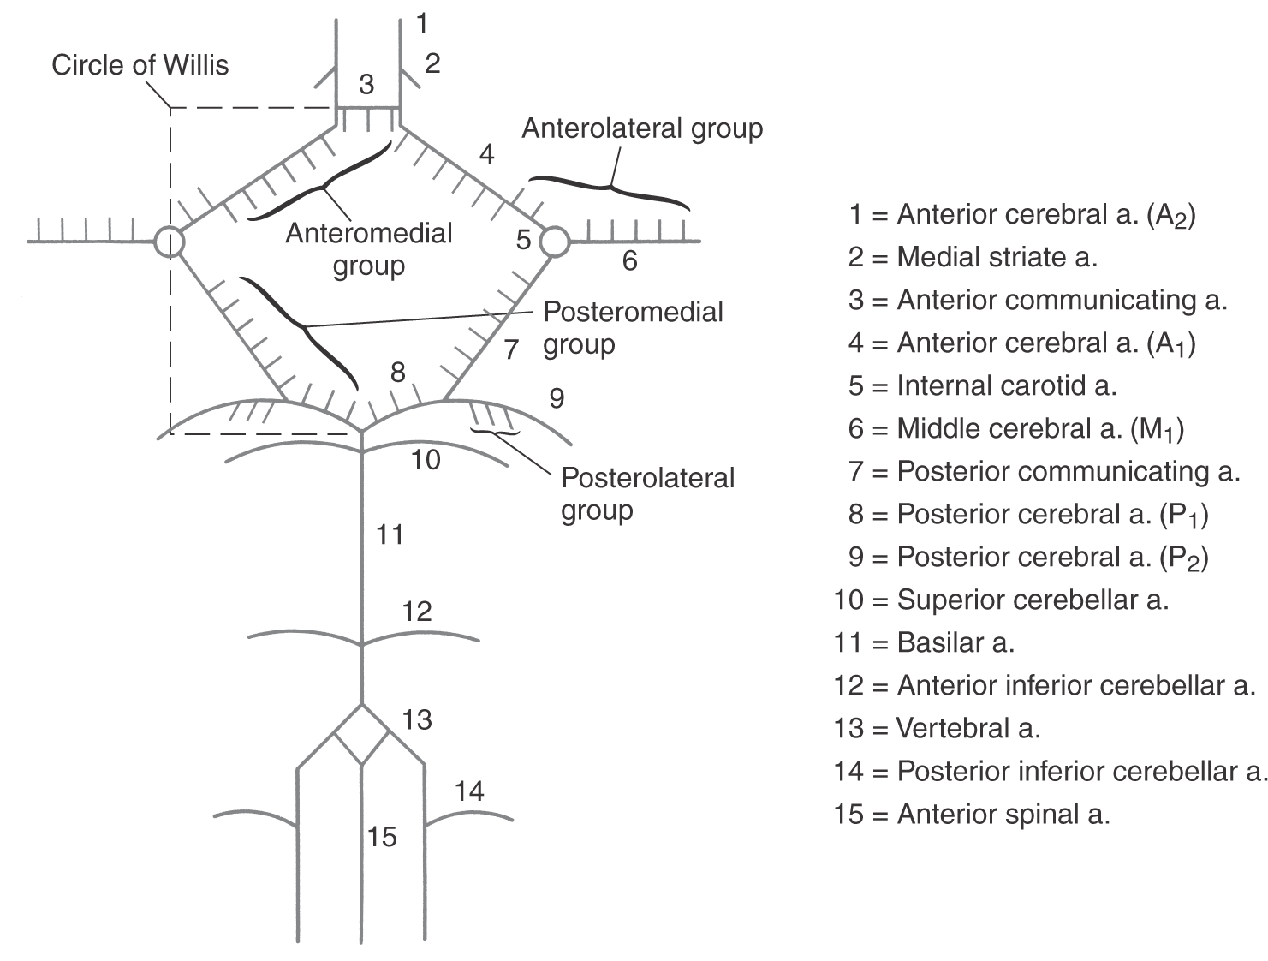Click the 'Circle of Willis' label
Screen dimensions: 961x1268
(140, 65)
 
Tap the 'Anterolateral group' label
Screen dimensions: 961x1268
(642, 128)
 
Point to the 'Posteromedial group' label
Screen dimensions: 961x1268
(633, 328)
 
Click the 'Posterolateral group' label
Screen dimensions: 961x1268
(647, 493)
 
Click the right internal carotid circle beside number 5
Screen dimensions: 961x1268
(554, 242)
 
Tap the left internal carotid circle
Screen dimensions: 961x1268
(169, 242)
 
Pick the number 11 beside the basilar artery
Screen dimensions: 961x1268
(390, 535)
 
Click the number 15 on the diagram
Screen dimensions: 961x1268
(383, 836)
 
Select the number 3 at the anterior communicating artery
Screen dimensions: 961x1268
(366, 85)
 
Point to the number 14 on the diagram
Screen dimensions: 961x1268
(469, 791)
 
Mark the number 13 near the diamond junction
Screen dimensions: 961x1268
(417, 719)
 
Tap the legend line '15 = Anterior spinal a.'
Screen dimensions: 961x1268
(972, 814)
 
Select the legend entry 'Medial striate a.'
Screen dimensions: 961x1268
(973, 257)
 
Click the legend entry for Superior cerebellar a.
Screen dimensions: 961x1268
(1001, 600)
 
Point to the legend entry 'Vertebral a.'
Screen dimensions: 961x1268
(937, 728)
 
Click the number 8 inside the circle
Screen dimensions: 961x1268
(397, 373)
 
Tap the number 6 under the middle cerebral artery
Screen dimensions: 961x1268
(629, 260)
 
